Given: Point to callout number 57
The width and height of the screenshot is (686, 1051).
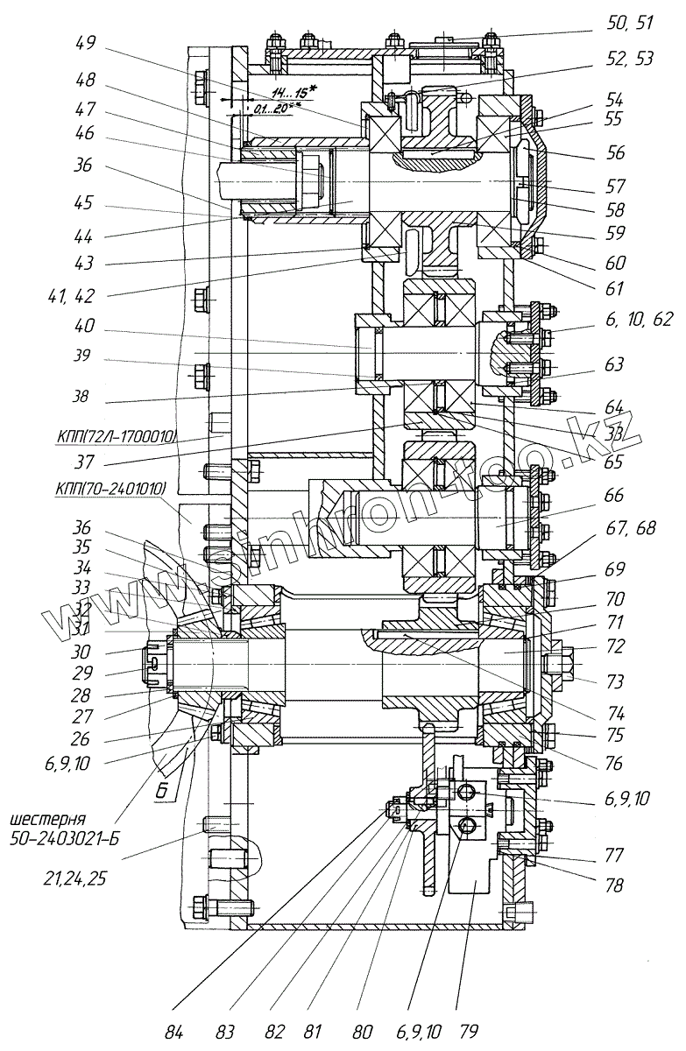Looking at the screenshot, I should [x=616, y=186].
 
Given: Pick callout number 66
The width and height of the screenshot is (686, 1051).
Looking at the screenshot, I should [x=614, y=497].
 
